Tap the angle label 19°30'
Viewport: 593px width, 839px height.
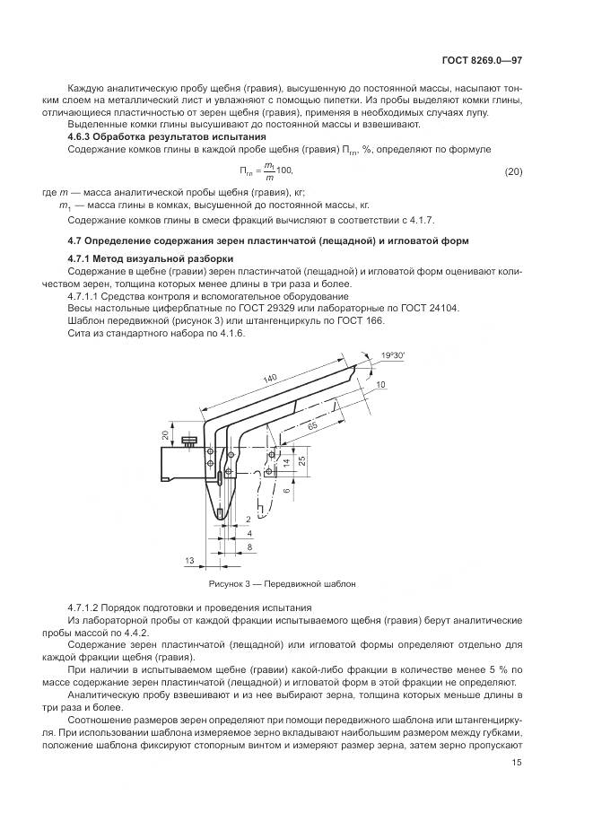point(392,356)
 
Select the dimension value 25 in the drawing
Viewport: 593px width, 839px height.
point(303,459)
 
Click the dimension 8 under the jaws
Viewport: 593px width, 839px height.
point(249,546)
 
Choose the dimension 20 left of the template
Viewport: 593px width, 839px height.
point(165,434)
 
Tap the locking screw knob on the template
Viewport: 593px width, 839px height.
point(189,441)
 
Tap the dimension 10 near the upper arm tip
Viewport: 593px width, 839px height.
point(380,384)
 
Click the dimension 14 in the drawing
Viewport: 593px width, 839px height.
point(287,463)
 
